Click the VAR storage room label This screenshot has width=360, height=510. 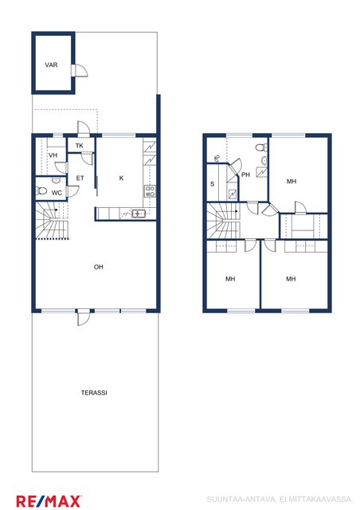tap(51, 65)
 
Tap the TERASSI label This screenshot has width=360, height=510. tap(94, 393)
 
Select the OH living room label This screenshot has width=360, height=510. tap(98, 267)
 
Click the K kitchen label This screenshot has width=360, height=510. tap(121, 178)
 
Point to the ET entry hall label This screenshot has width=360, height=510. tap(80, 178)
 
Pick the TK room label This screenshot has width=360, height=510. tap(80, 146)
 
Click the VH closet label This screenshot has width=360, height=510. tap(53, 155)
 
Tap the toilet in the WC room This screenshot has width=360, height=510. tap(41, 190)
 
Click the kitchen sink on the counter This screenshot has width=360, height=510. tap(139, 214)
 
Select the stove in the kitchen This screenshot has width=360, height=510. tap(150, 191)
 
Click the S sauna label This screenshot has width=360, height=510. tap(213, 184)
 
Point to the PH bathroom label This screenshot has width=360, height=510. tap(246, 175)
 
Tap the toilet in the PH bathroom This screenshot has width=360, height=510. tap(261, 147)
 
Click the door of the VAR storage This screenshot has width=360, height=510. tap(80, 70)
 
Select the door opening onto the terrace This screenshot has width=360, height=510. tap(84, 317)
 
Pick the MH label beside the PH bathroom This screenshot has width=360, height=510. tap(292, 181)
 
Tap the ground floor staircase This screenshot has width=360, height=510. tap(52, 221)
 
